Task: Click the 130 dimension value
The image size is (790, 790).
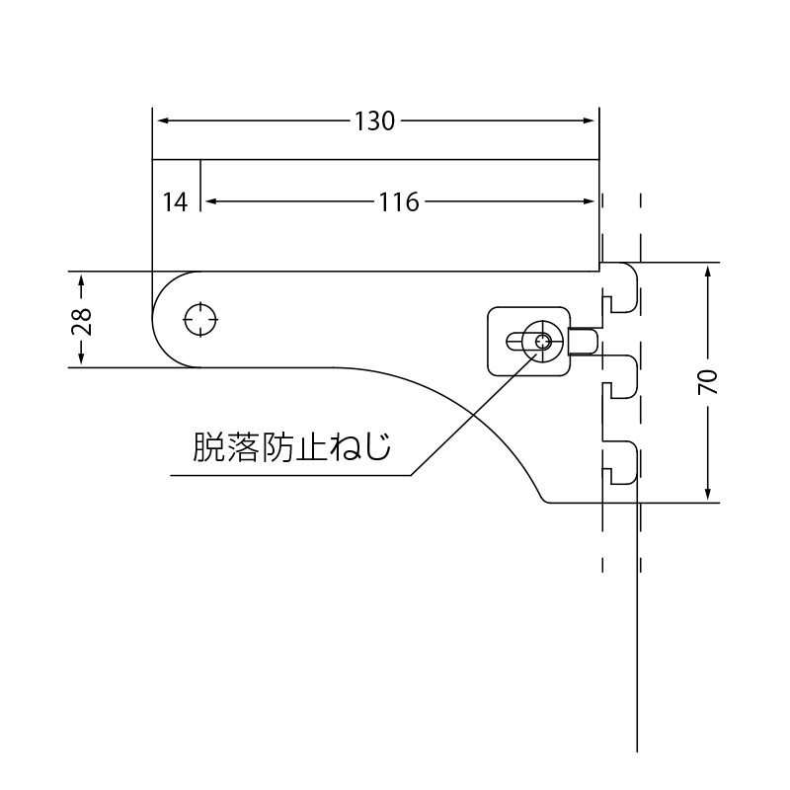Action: coord(374,121)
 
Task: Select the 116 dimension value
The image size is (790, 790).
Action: coord(398,202)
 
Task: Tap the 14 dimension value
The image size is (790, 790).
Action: coord(175,202)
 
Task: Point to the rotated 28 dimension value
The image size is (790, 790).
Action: coord(83,320)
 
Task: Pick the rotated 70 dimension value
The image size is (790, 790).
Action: coord(708,382)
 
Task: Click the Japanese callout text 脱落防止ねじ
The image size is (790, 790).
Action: coord(292,448)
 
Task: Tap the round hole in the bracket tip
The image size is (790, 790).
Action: coord(201,319)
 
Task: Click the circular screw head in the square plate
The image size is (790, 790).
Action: coord(541,342)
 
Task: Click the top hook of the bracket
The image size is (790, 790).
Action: coord(622,287)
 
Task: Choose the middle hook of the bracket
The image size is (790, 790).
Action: coord(622,376)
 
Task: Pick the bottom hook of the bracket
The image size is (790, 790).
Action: coord(622,464)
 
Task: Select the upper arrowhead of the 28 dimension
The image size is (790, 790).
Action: coord(83,277)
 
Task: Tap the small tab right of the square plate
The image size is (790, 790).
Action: coord(586,341)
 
